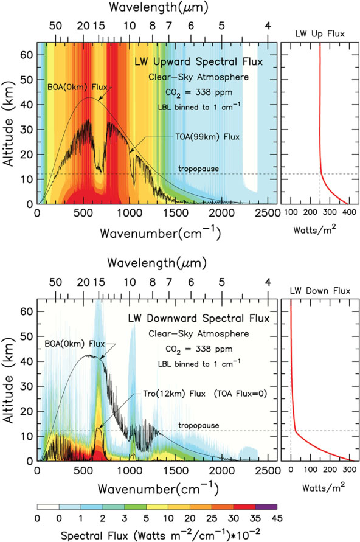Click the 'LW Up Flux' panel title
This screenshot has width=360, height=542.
[x=320, y=33]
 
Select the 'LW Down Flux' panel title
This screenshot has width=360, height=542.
[x=320, y=291]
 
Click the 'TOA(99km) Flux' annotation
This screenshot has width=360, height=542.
[x=207, y=137]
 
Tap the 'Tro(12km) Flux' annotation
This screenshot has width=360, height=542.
[x=175, y=394]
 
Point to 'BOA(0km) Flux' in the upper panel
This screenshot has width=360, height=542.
[x=77, y=87]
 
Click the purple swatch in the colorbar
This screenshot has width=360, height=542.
[x=266, y=507]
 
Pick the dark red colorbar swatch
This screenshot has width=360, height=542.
[x=244, y=507]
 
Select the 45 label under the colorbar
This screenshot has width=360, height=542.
[x=277, y=518]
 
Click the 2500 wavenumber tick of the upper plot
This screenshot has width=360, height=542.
[x=268, y=213]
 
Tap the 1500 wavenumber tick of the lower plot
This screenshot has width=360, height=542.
[x=176, y=470]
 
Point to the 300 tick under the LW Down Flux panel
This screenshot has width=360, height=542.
[x=348, y=470]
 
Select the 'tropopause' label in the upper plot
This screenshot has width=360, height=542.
[x=199, y=169]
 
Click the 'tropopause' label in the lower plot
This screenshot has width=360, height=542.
[x=199, y=426]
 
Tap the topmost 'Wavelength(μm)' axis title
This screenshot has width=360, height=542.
[x=159, y=7]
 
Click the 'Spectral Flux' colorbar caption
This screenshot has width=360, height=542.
[x=161, y=535]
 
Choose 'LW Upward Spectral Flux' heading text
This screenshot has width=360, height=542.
[x=199, y=62]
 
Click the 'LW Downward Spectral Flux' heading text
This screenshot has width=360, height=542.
[x=199, y=318]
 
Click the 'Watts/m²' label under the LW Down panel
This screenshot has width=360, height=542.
[x=324, y=487]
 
